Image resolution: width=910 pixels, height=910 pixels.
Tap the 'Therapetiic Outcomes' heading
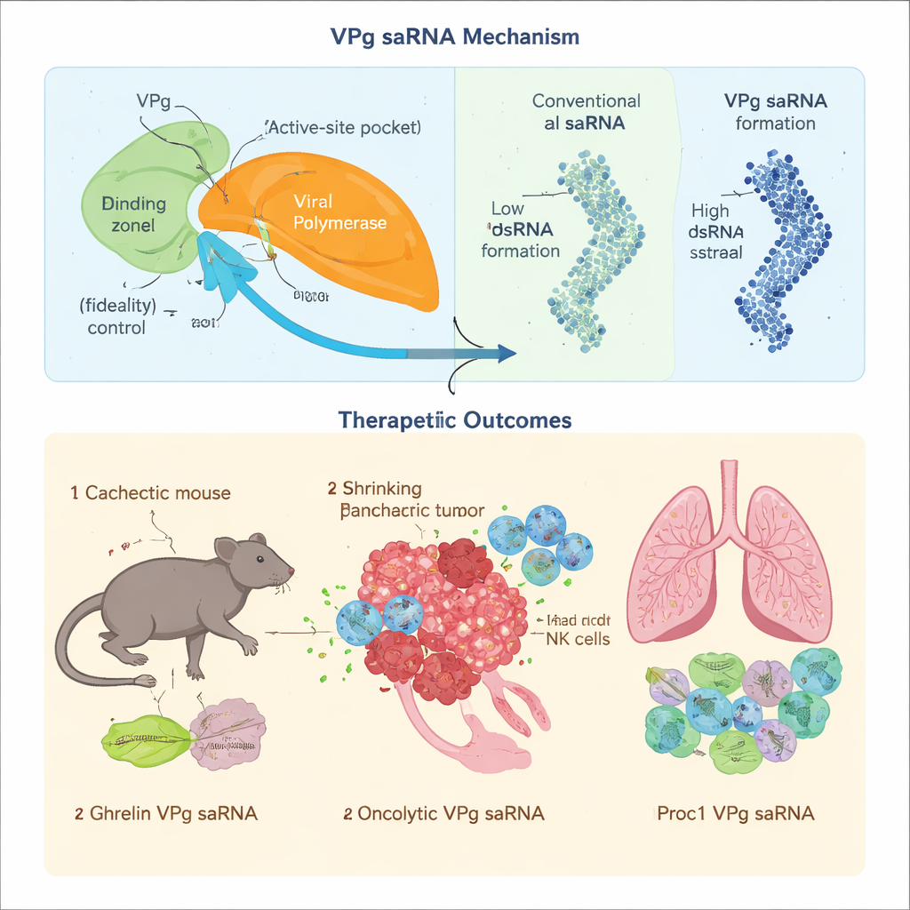454,419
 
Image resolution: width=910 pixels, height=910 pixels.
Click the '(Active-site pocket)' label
343,127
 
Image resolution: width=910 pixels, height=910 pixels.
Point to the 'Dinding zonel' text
133,214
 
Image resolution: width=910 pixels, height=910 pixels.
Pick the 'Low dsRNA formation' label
520,229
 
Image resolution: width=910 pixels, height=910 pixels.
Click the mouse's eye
259,558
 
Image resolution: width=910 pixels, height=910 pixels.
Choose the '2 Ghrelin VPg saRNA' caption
165,813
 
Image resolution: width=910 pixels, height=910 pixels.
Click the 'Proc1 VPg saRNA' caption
735,813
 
